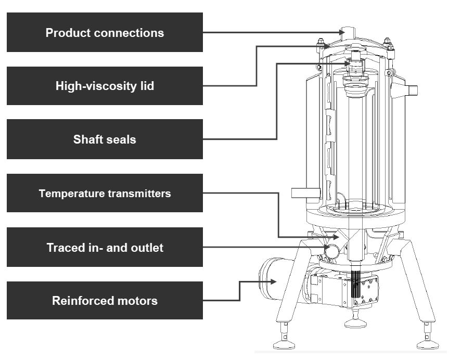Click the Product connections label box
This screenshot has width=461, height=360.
(x=105, y=33)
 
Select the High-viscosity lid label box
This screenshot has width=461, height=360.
(x=105, y=86)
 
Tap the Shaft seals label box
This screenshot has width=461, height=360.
(x=105, y=139)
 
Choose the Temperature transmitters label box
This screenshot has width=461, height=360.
(x=105, y=194)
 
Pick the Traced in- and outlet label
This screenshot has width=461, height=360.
(x=105, y=248)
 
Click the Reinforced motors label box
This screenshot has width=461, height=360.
(x=105, y=301)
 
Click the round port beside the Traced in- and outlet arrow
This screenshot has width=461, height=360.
(x=331, y=251)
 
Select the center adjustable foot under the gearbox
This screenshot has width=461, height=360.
(x=356, y=322)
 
